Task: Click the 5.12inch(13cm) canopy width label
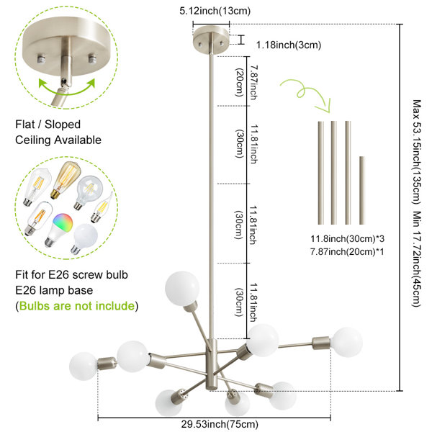pyautogui.click(x=215, y=11)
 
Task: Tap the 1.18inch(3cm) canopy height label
pyautogui.click(x=289, y=45)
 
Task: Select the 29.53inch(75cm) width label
pyautogui.click(x=220, y=424)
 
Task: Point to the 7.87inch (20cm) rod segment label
pyautogui.click(x=246, y=82)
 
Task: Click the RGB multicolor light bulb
pyautogui.click(x=59, y=230)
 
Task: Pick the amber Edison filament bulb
pyautogui.click(x=66, y=179)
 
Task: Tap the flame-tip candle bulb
pyautogui.click(x=102, y=207)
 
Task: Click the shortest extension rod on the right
pyautogui.click(x=361, y=190)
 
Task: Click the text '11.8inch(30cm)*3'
pyautogui.click(x=348, y=238)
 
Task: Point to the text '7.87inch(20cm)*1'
pyautogui.click(x=347, y=251)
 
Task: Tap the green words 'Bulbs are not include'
pyautogui.click(x=77, y=306)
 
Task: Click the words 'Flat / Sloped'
pyautogui.click(x=48, y=125)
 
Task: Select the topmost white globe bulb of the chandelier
pyautogui.click(x=182, y=288)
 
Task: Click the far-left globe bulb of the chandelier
pyautogui.click(x=84, y=366)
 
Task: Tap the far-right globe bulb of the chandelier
pyautogui.click(x=346, y=342)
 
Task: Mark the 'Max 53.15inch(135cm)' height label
pyautogui.click(x=417, y=152)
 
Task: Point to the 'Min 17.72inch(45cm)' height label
pyautogui.click(x=417, y=259)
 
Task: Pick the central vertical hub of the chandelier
pyautogui.click(x=212, y=365)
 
